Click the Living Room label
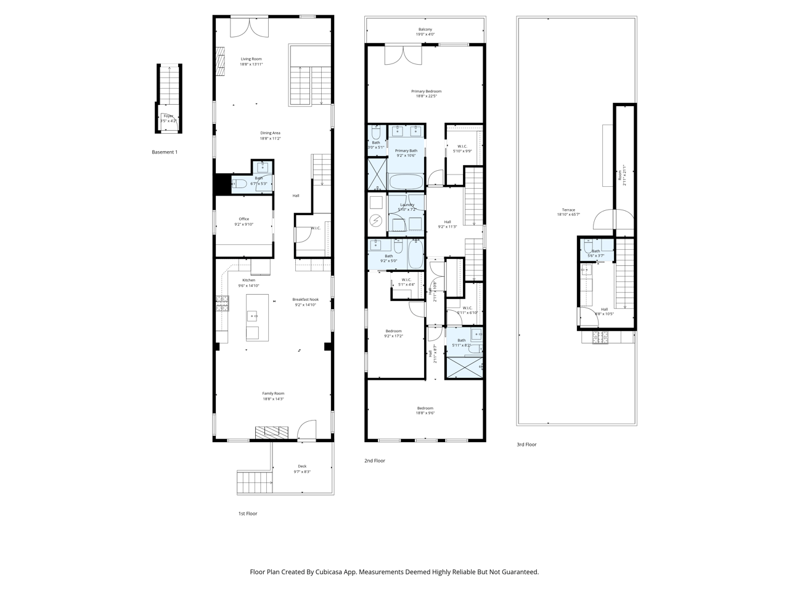(x=251, y=59)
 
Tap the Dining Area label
(x=270, y=133)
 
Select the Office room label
(x=243, y=219)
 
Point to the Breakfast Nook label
(x=305, y=300)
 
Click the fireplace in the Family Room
(x=272, y=432)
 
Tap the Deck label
(x=302, y=466)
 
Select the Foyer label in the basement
(x=168, y=116)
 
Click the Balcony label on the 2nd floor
(x=425, y=30)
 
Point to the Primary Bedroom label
(x=427, y=91)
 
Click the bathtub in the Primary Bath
(x=406, y=181)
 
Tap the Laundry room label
(x=407, y=205)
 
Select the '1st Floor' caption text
(x=248, y=514)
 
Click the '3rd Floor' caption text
(x=526, y=444)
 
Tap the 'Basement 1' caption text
(x=165, y=152)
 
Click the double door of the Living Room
(x=250, y=27)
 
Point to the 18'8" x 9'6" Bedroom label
(x=425, y=408)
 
